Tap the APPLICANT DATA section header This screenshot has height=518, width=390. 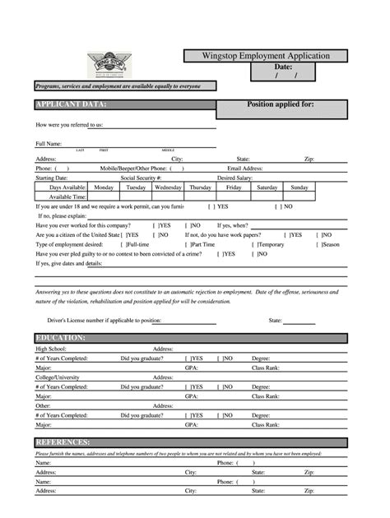click(x=72, y=105)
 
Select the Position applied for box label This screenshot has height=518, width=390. click(x=281, y=105)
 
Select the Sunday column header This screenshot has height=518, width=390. click(x=299, y=187)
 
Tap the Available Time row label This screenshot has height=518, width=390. click(x=67, y=197)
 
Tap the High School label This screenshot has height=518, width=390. click(x=51, y=349)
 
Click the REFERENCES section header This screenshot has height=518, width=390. click(x=63, y=442)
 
